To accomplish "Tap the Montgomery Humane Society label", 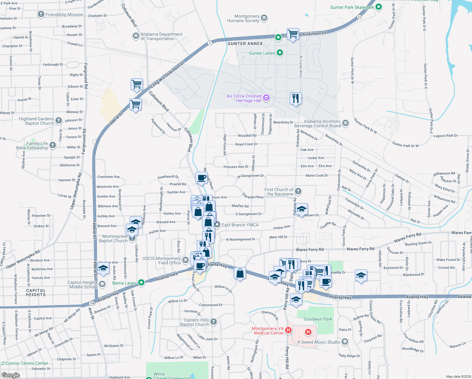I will tap(243, 19).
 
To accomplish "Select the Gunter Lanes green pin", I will tap(280, 53).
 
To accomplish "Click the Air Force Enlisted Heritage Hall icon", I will tap(266, 98).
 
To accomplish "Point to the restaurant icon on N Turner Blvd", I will tap(296, 99).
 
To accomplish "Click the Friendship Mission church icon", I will tap(41, 14).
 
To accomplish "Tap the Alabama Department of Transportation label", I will tap(161, 36).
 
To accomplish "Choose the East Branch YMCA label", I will tap(240, 225).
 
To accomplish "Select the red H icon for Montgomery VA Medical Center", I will tap(288, 330).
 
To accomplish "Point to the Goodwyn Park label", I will tap(318, 319).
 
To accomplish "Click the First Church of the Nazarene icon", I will tap(298, 191).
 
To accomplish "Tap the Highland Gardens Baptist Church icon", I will tap(59, 120).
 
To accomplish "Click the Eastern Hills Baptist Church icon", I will tap(214, 322).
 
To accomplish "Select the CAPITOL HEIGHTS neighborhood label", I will tap(36, 292).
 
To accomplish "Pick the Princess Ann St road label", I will tap(236, 167).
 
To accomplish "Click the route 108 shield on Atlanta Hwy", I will tap(92, 303).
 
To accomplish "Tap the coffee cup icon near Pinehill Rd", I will tap(201, 177).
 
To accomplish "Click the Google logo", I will tap(10, 375).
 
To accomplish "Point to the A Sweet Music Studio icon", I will tap(345, 342).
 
